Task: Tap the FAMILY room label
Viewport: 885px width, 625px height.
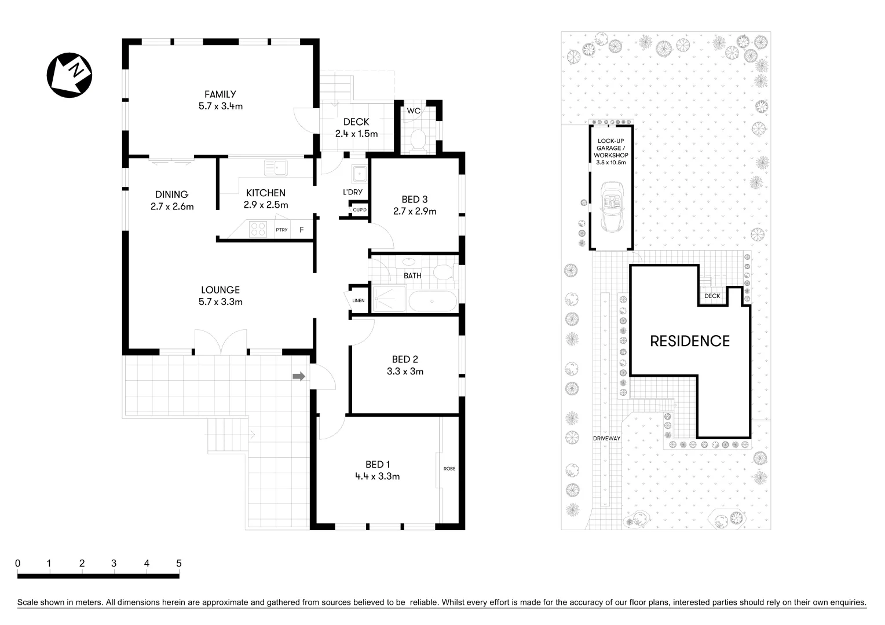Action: coord(220,94)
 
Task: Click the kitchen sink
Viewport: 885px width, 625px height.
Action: coord(276,168)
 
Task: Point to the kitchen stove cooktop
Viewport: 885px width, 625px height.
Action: coord(258,230)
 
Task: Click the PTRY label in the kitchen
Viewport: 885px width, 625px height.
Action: coord(281,230)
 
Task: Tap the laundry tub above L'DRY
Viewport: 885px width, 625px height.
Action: coord(359,173)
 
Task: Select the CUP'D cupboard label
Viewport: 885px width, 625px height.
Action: coord(360,209)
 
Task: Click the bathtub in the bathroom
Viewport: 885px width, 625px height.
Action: coord(432,300)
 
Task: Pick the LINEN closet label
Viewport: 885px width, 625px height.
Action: coord(359,300)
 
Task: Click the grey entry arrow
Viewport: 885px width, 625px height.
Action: coord(299,377)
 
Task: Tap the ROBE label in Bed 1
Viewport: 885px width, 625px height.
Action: coord(449,468)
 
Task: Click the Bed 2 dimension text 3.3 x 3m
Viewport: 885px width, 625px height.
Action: coord(405,372)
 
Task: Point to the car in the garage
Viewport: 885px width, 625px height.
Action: coord(611,206)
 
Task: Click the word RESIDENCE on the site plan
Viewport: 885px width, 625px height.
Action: coord(690,341)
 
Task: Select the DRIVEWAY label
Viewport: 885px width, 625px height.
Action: coord(606,438)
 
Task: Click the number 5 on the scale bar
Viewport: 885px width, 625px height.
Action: coord(179,563)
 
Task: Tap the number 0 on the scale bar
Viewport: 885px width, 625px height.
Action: coord(18,563)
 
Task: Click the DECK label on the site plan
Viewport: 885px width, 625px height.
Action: coord(712,296)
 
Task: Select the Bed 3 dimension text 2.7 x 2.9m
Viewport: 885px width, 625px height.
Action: coord(415,211)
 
